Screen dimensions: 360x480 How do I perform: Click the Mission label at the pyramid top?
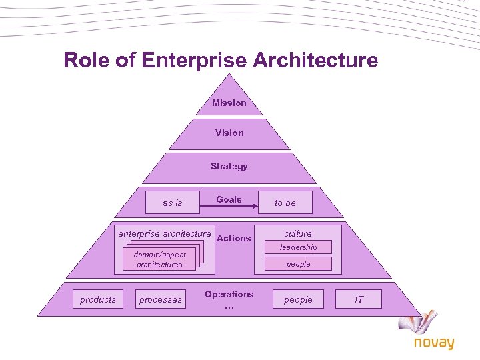click(229, 103)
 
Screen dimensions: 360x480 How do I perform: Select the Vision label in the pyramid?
click(229, 133)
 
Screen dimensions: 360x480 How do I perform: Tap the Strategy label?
click(229, 166)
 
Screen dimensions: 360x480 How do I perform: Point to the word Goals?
click(229, 199)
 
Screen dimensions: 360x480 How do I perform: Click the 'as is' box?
click(172, 203)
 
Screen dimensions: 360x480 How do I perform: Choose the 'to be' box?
click(285, 203)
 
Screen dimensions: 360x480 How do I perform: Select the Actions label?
click(234, 238)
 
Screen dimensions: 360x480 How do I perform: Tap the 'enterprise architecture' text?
click(164, 233)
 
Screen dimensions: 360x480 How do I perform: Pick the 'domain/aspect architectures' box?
click(159, 259)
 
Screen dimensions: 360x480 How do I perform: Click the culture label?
click(298, 233)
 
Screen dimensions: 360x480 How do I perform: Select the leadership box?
click(298, 247)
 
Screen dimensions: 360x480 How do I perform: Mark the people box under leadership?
click(298, 264)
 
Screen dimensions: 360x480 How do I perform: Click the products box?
click(98, 299)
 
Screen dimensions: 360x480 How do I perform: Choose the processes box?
click(160, 299)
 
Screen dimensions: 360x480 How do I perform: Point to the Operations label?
click(229, 294)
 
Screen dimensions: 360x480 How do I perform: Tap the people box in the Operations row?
click(298, 299)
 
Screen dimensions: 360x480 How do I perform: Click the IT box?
click(359, 299)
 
